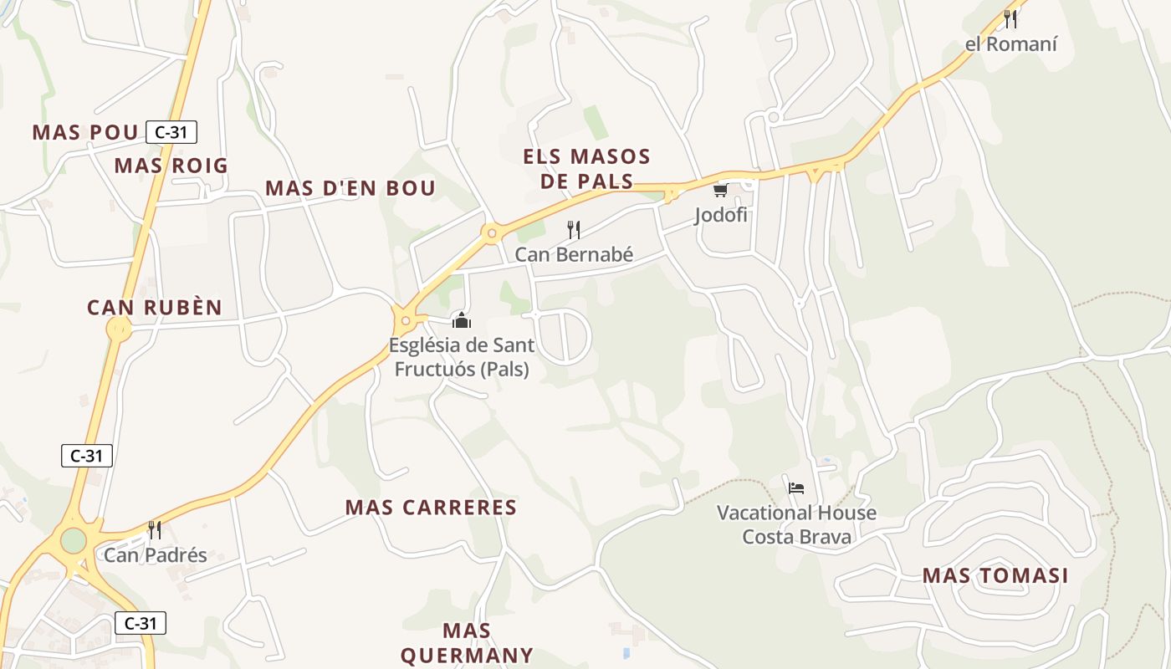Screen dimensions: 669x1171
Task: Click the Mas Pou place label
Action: pos(84,132)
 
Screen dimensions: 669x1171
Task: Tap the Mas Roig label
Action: pos(171,166)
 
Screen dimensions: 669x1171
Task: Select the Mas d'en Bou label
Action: pos(350,188)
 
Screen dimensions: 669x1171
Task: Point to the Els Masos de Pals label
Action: pos(586,169)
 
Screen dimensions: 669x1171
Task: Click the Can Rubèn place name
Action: pos(155,308)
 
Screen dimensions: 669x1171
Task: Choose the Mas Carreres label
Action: pos(431,508)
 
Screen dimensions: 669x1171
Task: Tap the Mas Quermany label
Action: pos(467,642)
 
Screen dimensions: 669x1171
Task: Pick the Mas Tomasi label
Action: pos(995,575)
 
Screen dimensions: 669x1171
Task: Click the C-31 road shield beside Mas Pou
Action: pos(171,132)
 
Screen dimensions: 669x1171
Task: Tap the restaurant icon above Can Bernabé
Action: pos(574,229)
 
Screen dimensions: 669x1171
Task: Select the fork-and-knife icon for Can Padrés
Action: pos(155,529)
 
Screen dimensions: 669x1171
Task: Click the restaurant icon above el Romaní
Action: pos(1010,18)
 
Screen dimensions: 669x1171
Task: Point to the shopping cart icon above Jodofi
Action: pos(720,191)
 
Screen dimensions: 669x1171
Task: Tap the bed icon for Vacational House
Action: pos(796,488)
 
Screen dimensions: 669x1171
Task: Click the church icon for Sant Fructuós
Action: pos(462,320)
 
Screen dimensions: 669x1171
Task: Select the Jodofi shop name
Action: pos(720,216)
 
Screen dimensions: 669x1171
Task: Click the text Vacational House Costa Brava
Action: pos(796,524)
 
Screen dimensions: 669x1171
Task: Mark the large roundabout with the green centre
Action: pos(74,540)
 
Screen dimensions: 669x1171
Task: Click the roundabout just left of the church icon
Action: pos(406,320)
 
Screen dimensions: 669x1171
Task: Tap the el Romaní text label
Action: pos(1010,44)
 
